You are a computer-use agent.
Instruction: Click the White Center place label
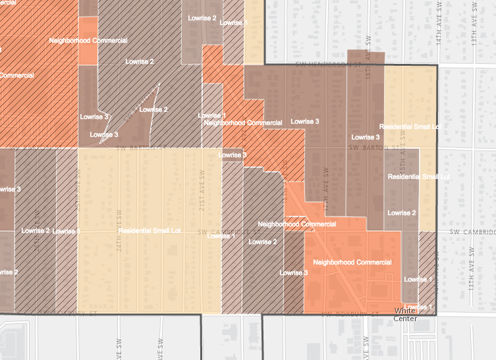tap(405, 314)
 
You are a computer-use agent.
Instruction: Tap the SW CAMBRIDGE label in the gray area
tap(472, 232)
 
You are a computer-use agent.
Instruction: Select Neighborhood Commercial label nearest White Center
tap(352, 262)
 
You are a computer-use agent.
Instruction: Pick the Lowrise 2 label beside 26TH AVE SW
tap(36, 230)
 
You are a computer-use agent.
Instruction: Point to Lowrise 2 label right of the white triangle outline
tap(153, 109)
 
